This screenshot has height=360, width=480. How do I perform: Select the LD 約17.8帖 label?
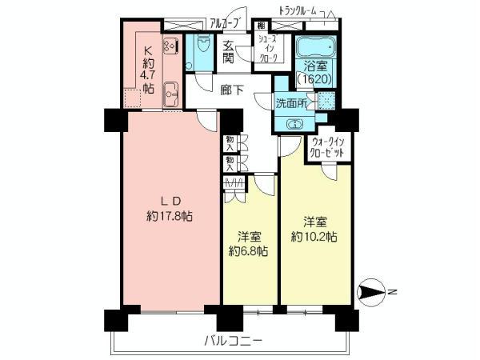pos(170,208)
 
